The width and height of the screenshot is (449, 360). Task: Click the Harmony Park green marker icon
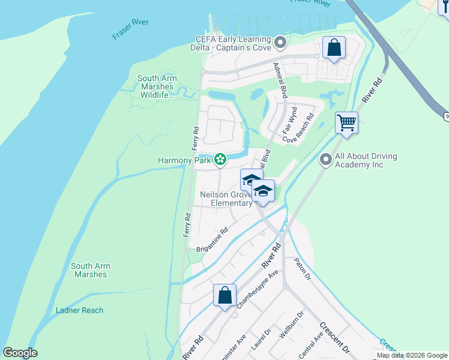pyautogui.click(x=220, y=159)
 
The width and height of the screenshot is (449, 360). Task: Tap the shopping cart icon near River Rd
pyautogui.click(x=346, y=122)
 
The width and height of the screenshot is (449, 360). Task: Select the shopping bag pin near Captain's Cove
pyautogui.click(x=334, y=47)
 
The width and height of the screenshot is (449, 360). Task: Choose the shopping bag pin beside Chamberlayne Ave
pyautogui.click(x=224, y=295)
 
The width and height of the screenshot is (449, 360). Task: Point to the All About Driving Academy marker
pyautogui.click(x=326, y=160)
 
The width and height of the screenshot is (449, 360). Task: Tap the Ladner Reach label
pyautogui.click(x=79, y=310)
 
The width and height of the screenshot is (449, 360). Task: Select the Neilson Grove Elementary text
pyautogui.click(x=226, y=199)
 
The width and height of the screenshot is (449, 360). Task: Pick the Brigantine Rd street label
pyautogui.click(x=212, y=240)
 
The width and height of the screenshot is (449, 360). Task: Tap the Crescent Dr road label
pyautogui.click(x=334, y=338)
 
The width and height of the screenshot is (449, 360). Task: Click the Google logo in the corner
pyautogui.click(x=20, y=353)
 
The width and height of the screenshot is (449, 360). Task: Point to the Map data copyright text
pyautogui.click(x=412, y=355)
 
